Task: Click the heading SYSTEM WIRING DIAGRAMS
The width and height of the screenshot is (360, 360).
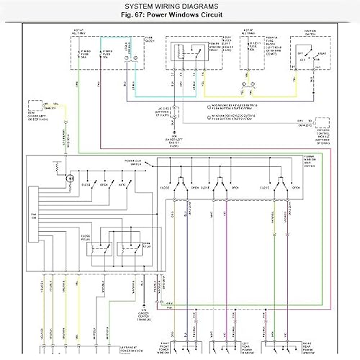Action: (180, 5)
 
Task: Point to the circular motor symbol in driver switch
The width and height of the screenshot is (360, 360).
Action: (70, 177)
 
